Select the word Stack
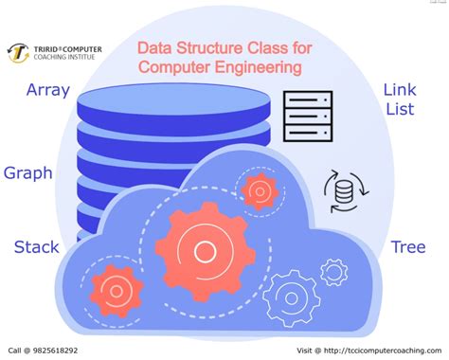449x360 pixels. tap(36, 247)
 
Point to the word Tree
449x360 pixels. tap(407, 248)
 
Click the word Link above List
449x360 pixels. tap(401, 90)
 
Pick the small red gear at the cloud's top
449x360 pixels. tap(257, 190)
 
